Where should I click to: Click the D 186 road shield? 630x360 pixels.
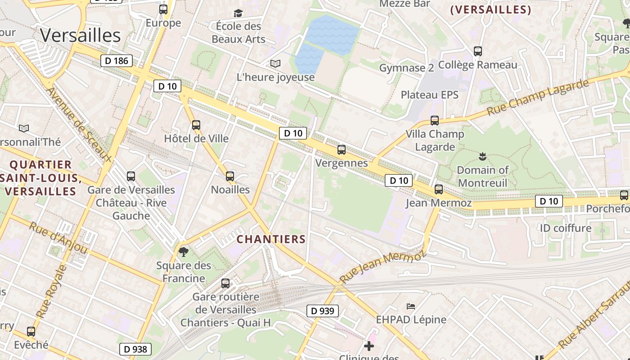[116, 61]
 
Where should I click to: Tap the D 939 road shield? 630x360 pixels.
[323, 310]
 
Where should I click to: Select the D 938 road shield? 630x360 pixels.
[135, 349]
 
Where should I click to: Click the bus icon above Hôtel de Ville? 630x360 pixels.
[196, 125]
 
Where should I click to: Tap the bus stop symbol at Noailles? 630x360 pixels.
[230, 176]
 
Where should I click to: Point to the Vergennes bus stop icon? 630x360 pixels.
[342, 150]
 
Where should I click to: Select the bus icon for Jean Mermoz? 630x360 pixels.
[439, 189]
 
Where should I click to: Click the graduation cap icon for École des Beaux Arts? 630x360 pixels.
[238, 13]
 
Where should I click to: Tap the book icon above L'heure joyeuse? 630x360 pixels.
[275, 64]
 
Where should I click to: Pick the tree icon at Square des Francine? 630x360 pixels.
[183, 252]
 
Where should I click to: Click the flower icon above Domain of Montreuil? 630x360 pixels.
[482, 157]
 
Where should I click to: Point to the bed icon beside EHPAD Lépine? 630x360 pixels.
[411, 306]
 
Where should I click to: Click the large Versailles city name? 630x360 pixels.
[80, 36]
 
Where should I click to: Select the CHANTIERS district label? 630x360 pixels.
[271, 239]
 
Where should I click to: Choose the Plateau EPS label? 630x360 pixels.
[429, 94]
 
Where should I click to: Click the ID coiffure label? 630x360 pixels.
[566, 228]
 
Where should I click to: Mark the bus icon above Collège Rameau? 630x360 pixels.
[478, 51]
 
